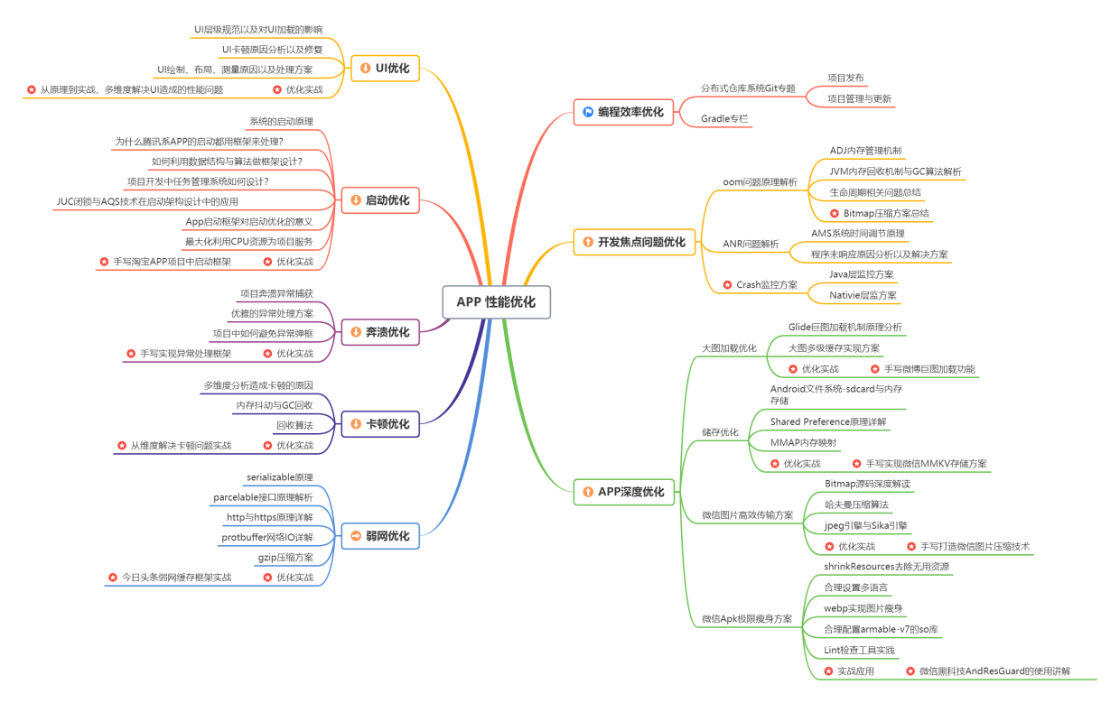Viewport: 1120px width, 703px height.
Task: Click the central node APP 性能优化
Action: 496,302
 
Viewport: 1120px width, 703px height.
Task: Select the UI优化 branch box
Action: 384,68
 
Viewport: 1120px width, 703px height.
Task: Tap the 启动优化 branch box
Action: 380,200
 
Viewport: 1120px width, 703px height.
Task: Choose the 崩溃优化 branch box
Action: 380,332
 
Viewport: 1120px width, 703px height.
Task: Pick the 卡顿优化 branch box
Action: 380,423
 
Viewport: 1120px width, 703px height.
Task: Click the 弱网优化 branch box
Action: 380,536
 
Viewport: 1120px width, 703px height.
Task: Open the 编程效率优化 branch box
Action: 622,112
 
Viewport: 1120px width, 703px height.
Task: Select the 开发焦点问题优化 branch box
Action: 633,242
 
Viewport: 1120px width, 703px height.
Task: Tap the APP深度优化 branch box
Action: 622,492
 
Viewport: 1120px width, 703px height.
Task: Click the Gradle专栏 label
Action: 724,119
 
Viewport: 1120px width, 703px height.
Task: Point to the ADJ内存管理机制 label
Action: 865,151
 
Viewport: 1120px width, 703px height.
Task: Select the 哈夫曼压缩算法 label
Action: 856,504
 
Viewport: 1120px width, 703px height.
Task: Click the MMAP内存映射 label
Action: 803,443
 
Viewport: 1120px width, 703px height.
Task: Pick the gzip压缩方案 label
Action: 285,558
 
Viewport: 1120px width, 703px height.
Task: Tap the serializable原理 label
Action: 279,477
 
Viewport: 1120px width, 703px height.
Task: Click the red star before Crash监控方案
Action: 727,285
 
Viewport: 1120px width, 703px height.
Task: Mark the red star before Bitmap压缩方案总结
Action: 835,214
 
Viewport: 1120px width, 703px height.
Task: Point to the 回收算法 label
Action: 294,425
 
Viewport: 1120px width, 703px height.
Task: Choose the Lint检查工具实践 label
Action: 859,650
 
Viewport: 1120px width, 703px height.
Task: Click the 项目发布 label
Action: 845,79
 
